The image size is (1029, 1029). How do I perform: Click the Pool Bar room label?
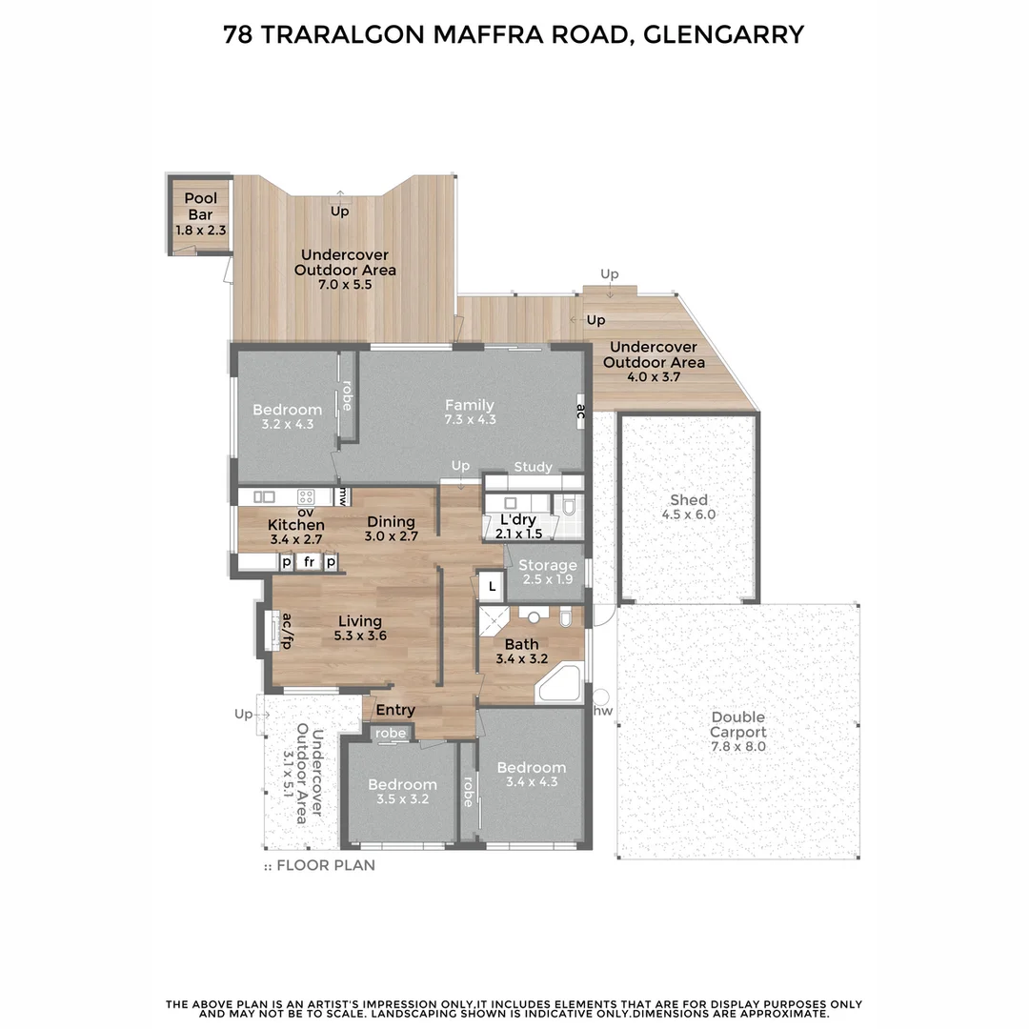coord(200,207)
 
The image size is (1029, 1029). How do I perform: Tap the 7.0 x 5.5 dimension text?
coord(345,285)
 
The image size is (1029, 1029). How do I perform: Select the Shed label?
coord(688,500)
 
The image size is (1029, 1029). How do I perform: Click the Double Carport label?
coord(737,725)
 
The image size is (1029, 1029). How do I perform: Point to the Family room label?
coord(470,405)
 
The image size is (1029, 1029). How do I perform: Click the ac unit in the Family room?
coord(579,411)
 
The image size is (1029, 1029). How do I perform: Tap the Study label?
coord(533,467)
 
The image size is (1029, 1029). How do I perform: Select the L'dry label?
coord(517,520)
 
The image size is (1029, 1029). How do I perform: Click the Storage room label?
coord(547,566)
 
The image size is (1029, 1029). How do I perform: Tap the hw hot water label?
coord(602,711)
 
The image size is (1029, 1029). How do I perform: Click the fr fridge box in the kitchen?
coord(309,562)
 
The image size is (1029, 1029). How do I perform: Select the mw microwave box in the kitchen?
coord(343,496)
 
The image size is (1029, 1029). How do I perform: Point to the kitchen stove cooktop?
coord(306,496)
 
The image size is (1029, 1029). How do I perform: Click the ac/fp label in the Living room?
coord(285,630)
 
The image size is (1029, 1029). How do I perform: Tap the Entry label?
coord(395,710)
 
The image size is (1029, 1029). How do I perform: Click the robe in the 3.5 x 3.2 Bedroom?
coord(391,734)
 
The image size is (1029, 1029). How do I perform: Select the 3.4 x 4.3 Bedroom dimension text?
coord(531,782)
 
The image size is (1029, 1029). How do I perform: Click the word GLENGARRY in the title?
coord(723,35)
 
